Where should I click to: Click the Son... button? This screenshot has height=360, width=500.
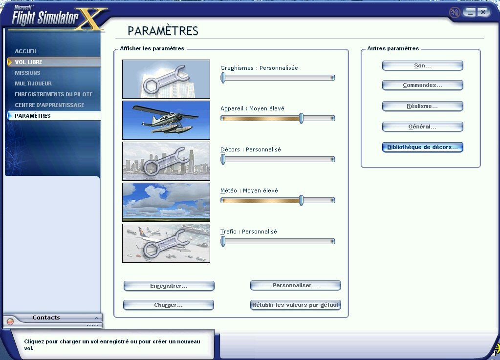click(x=422, y=65)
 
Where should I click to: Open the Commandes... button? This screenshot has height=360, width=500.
click(x=422, y=85)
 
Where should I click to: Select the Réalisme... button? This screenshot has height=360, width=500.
click(x=422, y=106)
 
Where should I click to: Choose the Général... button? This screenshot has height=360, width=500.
click(x=422, y=127)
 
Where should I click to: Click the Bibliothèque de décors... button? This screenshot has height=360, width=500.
click(x=422, y=147)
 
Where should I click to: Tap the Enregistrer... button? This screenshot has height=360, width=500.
click(x=169, y=286)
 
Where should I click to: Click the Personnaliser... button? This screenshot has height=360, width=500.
click(x=296, y=285)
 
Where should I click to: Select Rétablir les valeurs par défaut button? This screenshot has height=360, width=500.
click(x=296, y=305)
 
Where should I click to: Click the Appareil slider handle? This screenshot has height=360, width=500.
click(x=301, y=119)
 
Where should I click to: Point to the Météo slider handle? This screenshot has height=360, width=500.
click(x=301, y=200)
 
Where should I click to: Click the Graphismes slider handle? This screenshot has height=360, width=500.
click(x=223, y=78)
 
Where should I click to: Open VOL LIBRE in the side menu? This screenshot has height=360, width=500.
click(x=28, y=62)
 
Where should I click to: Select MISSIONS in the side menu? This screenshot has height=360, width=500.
click(x=27, y=73)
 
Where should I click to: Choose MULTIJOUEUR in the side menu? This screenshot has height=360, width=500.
click(x=33, y=84)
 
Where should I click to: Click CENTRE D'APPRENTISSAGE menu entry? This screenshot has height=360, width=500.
click(x=49, y=105)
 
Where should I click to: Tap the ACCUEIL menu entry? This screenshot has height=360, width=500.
click(x=26, y=51)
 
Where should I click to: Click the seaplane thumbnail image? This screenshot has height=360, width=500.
click(x=166, y=120)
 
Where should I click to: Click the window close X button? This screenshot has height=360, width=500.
click(x=483, y=12)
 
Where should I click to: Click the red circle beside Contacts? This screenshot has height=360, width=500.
click(x=10, y=321)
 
